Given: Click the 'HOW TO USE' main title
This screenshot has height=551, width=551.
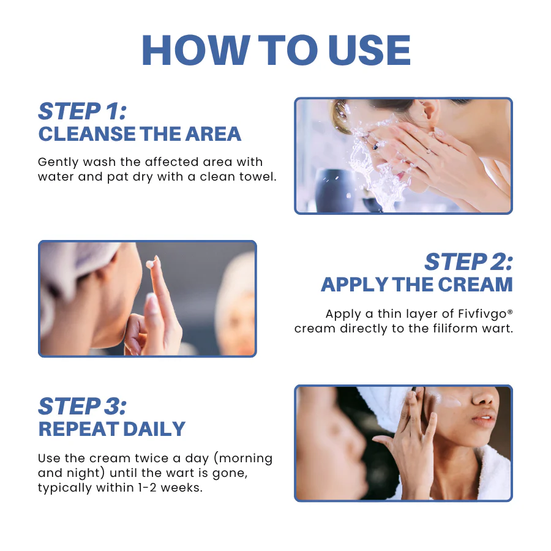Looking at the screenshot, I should [275, 50].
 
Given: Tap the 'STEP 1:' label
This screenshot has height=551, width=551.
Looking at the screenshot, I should [82, 111].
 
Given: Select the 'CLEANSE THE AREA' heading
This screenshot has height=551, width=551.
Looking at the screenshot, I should [140, 134].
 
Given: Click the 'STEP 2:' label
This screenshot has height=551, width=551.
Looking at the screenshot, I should [468, 262].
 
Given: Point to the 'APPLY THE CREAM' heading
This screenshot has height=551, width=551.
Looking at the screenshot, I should [416, 285].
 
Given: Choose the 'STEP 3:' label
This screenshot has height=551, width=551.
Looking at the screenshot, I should [82, 407].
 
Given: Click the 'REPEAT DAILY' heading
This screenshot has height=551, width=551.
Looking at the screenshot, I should [111, 429].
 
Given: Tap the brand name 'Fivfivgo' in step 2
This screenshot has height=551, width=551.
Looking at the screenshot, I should [482, 314].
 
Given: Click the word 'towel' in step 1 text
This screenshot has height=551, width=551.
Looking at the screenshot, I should [258, 178].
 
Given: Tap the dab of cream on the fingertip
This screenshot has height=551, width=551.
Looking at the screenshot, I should [151, 264].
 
